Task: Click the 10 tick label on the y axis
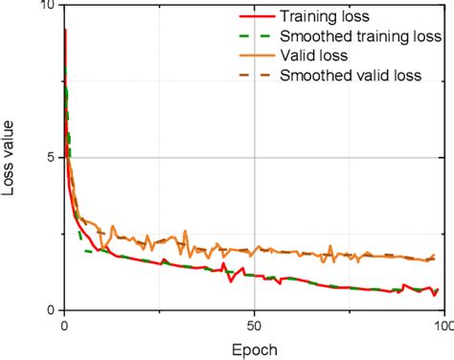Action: tap(45, 7)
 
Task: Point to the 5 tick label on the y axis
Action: tap(50, 158)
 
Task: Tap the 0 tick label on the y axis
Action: tap(50, 310)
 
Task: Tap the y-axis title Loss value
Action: tap(11, 158)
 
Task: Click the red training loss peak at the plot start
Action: tap(65, 31)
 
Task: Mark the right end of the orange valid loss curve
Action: tap(434, 255)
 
